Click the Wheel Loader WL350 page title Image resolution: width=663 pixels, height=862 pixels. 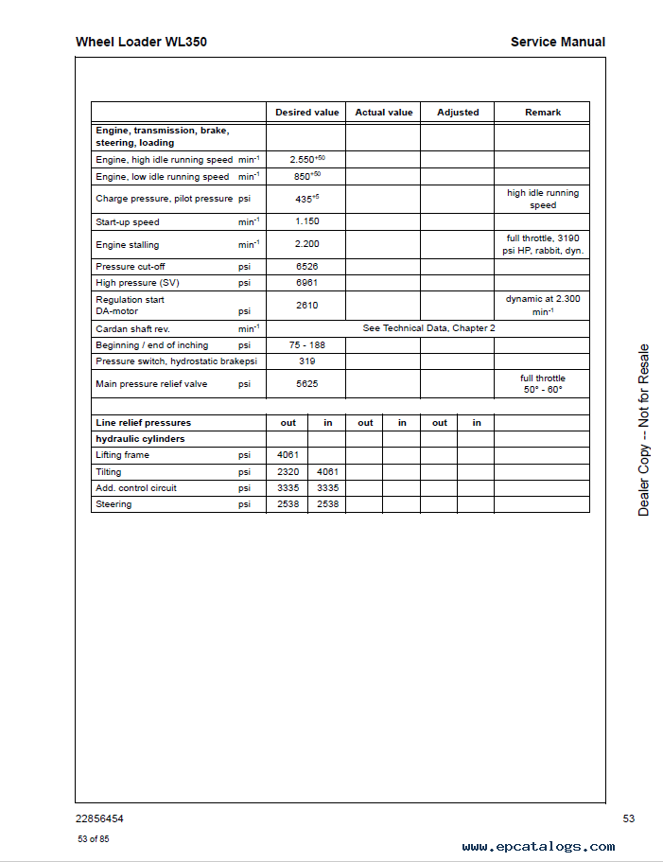click(141, 42)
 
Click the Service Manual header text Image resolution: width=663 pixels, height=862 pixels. click(557, 42)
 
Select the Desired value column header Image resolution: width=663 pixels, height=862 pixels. click(306, 113)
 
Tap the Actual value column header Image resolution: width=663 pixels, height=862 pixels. click(383, 113)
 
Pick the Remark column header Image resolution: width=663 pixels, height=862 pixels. click(543, 113)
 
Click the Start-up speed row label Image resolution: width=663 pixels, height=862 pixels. click(128, 222)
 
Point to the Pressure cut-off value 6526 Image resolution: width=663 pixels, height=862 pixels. click(306, 267)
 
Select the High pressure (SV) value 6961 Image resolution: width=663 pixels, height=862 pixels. click(306, 283)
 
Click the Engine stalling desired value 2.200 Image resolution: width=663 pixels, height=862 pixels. click(306, 244)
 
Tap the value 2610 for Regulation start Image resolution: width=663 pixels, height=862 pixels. click(306, 306)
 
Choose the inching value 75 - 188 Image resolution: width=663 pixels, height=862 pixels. click(306, 345)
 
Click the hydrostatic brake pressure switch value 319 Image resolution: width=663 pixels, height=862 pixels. click(306, 361)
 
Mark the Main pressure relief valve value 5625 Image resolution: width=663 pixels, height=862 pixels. click(306, 384)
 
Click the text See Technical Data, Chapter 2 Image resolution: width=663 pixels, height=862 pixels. click(428, 328)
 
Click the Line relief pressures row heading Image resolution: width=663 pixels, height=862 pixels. click(143, 423)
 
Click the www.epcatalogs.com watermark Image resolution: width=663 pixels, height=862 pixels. click(538, 847)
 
